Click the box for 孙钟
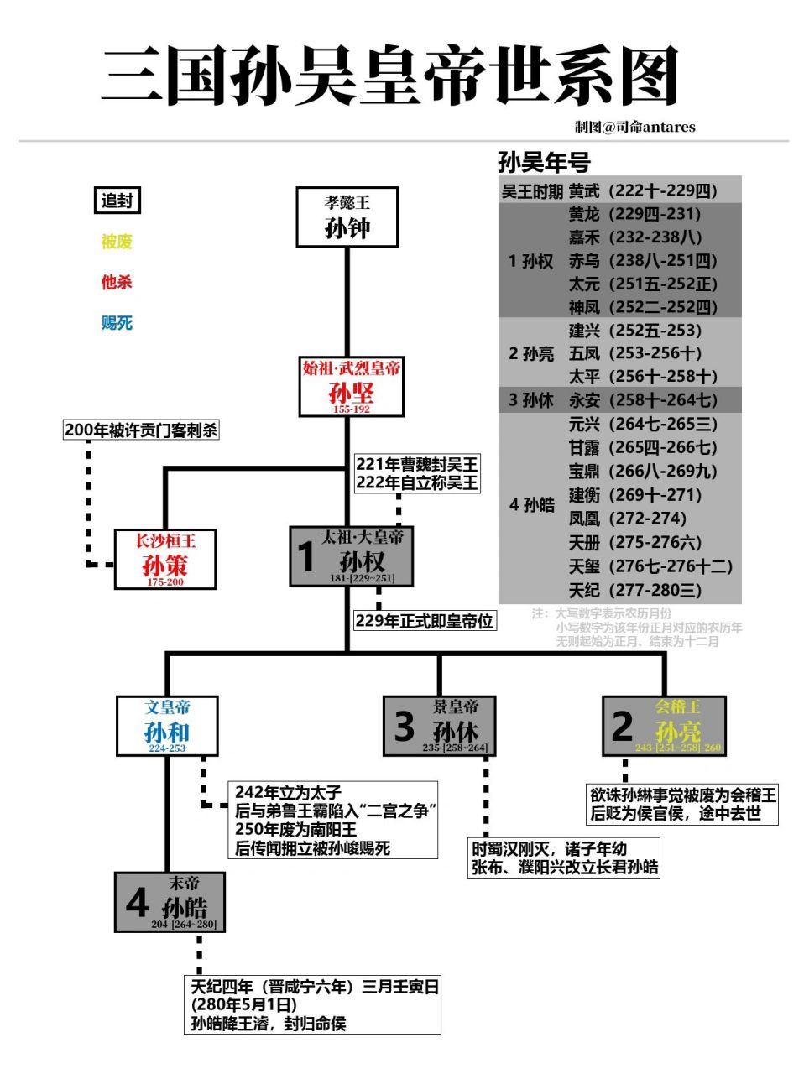pyautogui.click(x=347, y=217)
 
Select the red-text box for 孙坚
pyautogui.click(x=351, y=387)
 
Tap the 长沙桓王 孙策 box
pyautogui.click(x=165, y=559)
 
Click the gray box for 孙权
pyautogui.click(x=352, y=555)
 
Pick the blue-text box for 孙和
pyautogui.click(x=167, y=726)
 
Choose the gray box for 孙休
pyautogui.click(x=439, y=726)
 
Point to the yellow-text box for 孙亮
pyautogui.click(x=664, y=726)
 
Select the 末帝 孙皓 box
pyautogui.click(x=170, y=902)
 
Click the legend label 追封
pyautogui.click(x=117, y=201)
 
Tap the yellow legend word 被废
pyautogui.click(x=117, y=242)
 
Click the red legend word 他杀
pyautogui.click(x=117, y=282)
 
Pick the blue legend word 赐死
pyautogui.click(x=117, y=323)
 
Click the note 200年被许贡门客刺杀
pyautogui.click(x=141, y=430)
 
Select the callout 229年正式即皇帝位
pyautogui.click(x=424, y=621)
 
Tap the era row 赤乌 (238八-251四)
pyautogui.click(x=642, y=261)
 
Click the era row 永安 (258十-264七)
pyautogui.click(x=642, y=400)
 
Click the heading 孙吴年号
pyautogui.click(x=544, y=162)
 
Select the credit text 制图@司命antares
pyautogui.click(x=634, y=127)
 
